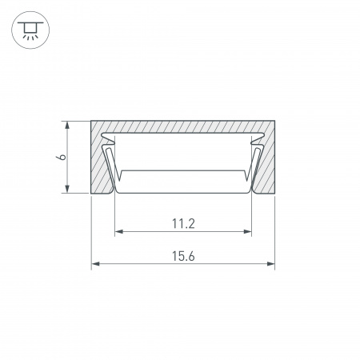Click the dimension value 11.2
pos(183,223)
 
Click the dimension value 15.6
pos(183,256)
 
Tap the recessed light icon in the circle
pos(30,30)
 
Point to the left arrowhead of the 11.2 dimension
pos(118,231)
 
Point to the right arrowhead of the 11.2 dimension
pos(248,231)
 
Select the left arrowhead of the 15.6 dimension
pos(95,264)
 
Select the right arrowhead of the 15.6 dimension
pos(271,264)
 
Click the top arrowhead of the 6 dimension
pos(67,126)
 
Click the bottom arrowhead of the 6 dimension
pos(67,189)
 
